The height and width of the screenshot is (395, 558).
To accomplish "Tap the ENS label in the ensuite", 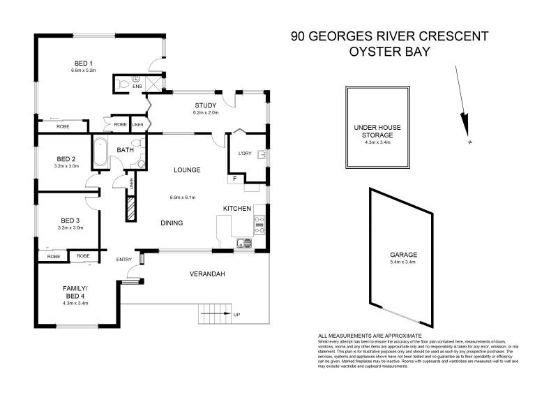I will (x=137, y=87).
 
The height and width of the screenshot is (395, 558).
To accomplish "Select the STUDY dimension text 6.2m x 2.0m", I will (x=206, y=112).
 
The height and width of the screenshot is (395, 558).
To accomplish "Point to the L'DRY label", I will (x=245, y=154).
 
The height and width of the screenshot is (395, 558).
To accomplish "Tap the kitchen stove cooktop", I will (x=259, y=223).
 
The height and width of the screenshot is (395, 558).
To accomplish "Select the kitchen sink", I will (x=244, y=244).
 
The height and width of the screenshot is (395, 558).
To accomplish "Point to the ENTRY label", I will (x=124, y=260).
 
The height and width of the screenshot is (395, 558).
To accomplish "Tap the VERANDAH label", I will (x=207, y=274).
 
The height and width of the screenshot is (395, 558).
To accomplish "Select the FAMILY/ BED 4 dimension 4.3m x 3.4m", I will (x=75, y=303).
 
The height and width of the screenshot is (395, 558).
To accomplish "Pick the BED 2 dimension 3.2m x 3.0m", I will (x=66, y=167).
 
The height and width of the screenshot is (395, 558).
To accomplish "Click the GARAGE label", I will (x=402, y=255).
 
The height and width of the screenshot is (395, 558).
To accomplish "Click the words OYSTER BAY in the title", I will (x=389, y=52).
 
